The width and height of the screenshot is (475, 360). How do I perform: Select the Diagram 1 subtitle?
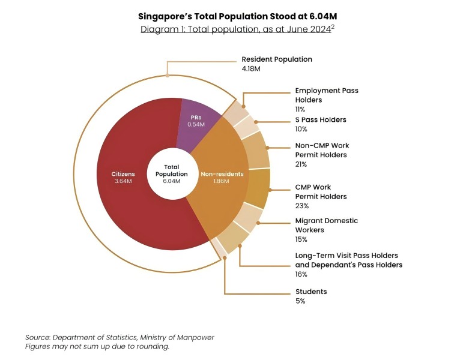pyautogui.click(x=238, y=29)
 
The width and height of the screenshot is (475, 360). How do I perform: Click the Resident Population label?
pyautogui.click(x=277, y=59)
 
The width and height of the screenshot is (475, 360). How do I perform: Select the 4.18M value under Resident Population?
pyautogui.click(x=251, y=70)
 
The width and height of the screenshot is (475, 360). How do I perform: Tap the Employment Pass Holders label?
pyautogui.click(x=327, y=95)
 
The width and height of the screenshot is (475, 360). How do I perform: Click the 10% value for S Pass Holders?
pyautogui.click(x=301, y=129)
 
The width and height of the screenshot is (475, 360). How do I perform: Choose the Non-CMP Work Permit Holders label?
pyautogui.click(x=322, y=150)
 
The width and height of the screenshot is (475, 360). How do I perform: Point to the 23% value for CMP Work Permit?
pyautogui.click(x=301, y=206)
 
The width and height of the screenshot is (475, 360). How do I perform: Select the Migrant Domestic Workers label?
pyautogui.click(x=326, y=225)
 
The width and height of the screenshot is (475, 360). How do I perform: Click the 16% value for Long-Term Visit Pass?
pyautogui.click(x=301, y=274)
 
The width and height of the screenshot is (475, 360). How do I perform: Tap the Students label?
pyautogui.click(x=311, y=292)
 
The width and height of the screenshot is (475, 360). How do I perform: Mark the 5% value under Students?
pyautogui.click(x=300, y=301)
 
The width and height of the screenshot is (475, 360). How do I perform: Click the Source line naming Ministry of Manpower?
pyautogui.click(x=120, y=337)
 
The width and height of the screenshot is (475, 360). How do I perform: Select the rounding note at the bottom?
pyautogui.click(x=97, y=346)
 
